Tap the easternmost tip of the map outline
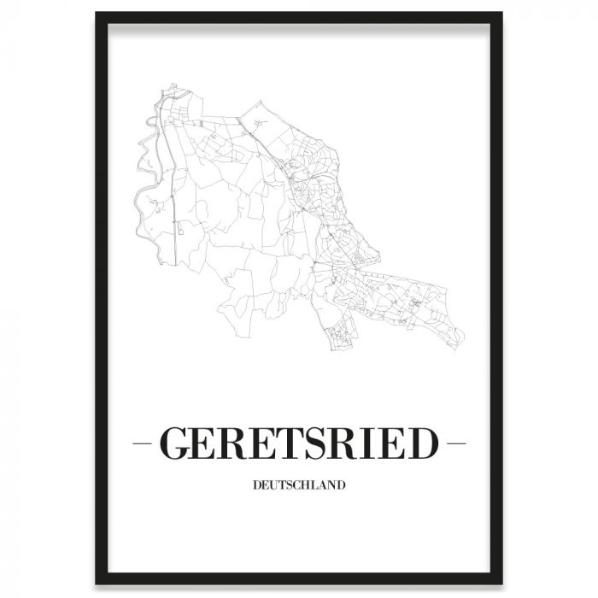pyautogui.click(x=464, y=338)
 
